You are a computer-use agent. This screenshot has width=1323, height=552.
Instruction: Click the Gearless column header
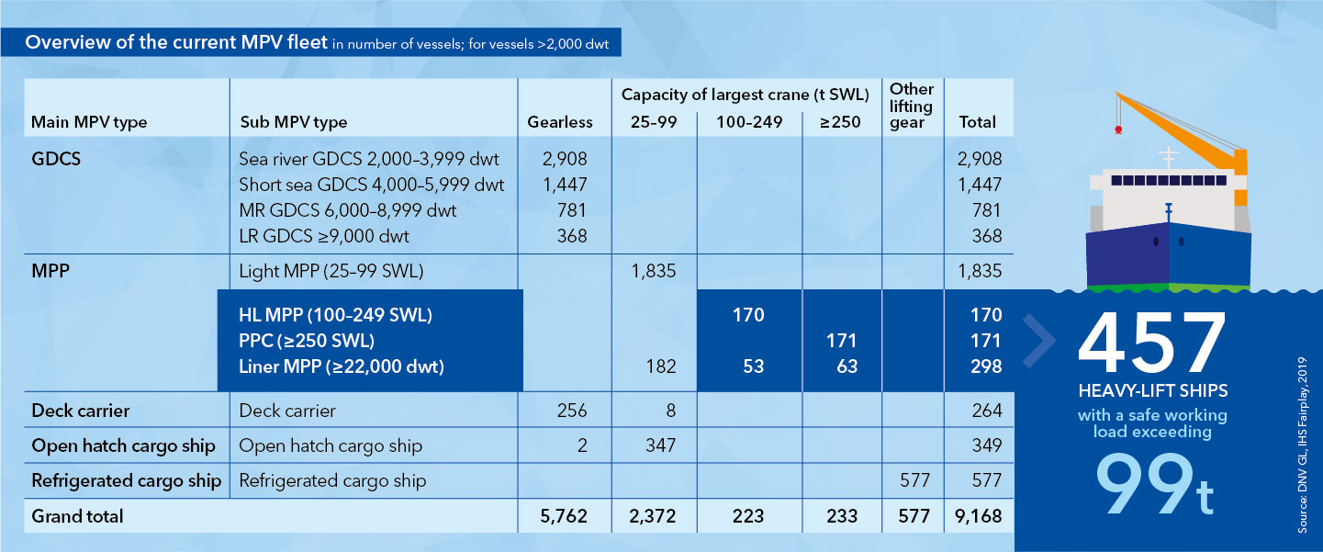click(x=560, y=122)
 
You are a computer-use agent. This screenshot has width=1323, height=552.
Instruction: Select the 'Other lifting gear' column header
click(x=911, y=106)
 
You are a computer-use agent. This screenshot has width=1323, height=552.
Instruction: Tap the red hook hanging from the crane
click(x=1117, y=130)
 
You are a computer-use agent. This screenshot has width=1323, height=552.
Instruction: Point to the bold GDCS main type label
click(x=56, y=158)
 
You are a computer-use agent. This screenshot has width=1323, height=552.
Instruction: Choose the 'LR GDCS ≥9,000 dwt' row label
click(x=323, y=236)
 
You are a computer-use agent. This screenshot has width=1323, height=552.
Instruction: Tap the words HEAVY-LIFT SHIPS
click(x=1151, y=391)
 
